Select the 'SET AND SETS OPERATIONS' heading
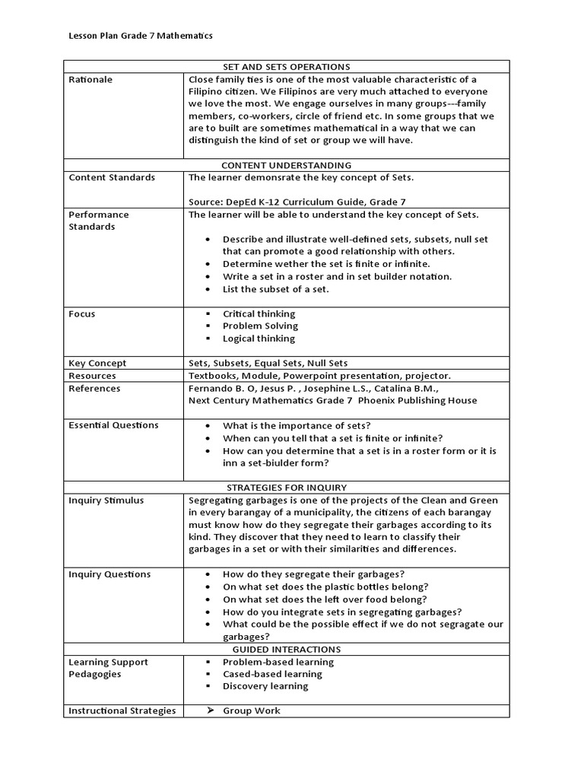pyautogui.click(x=286, y=67)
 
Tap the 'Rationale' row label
pyautogui.click(x=90, y=79)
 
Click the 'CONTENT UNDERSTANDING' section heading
pyautogui.click(x=286, y=165)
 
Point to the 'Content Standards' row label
pyautogui.click(x=112, y=177)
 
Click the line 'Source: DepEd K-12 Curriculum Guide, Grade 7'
pyautogui.click(x=297, y=202)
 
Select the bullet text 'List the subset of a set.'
pyautogui.click(x=278, y=288)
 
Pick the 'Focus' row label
pyautogui.click(x=82, y=313)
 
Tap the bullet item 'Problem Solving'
pyautogui.click(x=260, y=326)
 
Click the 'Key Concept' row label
pyautogui.click(x=97, y=363)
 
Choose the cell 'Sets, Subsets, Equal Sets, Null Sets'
pyautogui.click(x=268, y=363)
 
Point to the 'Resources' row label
pyautogui.click(x=92, y=376)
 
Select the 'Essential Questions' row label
pyautogui.click(x=113, y=425)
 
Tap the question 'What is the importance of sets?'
pyautogui.click(x=297, y=425)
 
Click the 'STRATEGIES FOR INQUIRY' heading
pyautogui.click(x=286, y=487)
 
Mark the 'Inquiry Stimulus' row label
pyautogui.click(x=106, y=500)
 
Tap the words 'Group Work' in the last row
pyautogui.click(x=251, y=711)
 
